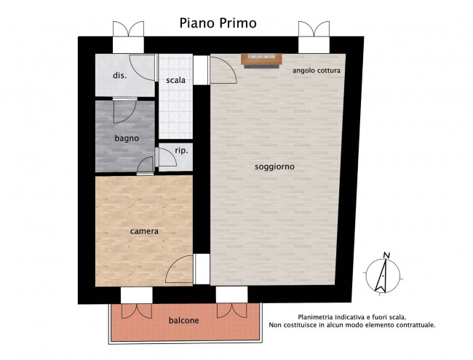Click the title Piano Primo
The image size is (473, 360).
(x=218, y=23)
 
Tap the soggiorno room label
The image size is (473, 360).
(x=274, y=167)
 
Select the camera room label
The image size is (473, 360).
(x=144, y=231)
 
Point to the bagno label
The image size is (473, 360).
(x=127, y=138)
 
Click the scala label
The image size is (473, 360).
(x=175, y=80)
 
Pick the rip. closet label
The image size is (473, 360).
(x=181, y=151)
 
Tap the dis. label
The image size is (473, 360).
(x=120, y=76)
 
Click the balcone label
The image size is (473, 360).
(x=183, y=320)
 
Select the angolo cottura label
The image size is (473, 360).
(x=317, y=71)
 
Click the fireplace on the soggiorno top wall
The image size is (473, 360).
(x=261, y=60)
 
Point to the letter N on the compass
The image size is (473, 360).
(x=386, y=255)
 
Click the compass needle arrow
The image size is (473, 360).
(x=381, y=276)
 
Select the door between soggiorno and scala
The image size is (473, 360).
(x=223, y=70)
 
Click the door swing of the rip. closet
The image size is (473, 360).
(x=166, y=157)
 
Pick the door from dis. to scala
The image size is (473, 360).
(x=143, y=68)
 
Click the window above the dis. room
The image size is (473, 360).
(x=128, y=37)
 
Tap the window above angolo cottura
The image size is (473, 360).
(x=314, y=37)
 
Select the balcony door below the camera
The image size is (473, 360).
(x=137, y=303)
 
